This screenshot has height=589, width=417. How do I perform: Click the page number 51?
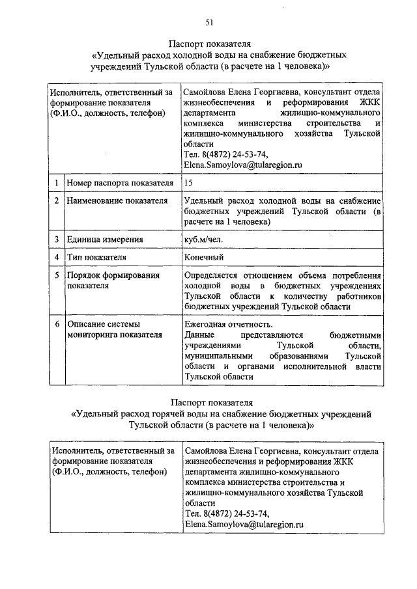209,23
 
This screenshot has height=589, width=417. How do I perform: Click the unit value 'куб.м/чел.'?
204,239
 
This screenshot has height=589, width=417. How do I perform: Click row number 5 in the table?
57,276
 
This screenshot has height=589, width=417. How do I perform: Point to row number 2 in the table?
57,201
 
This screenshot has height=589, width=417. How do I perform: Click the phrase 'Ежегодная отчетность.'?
229,324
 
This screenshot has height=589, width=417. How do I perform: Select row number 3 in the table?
57,239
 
